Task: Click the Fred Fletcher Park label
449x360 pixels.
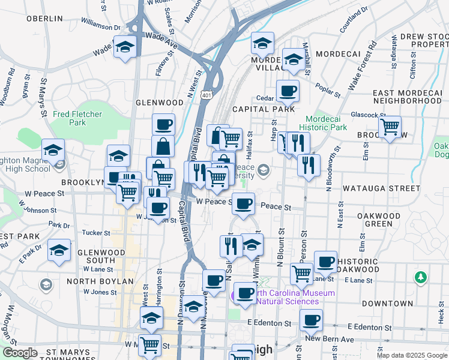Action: pos(77,118)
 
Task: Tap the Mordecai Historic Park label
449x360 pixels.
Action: pos(325,123)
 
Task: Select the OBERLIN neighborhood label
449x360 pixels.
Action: pos(44,19)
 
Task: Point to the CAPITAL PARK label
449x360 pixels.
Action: pos(264,109)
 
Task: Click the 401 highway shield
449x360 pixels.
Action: pos(206,95)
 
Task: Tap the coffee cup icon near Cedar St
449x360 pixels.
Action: pos(288,92)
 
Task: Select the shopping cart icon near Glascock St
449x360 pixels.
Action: pos(390,127)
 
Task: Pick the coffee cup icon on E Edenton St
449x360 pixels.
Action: pos(311,320)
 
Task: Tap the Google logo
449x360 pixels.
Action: pos(20,353)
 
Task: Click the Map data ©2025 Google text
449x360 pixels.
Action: pos(412,355)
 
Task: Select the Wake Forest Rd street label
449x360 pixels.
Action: pos(363,61)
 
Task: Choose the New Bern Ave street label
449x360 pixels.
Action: pos(331,339)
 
